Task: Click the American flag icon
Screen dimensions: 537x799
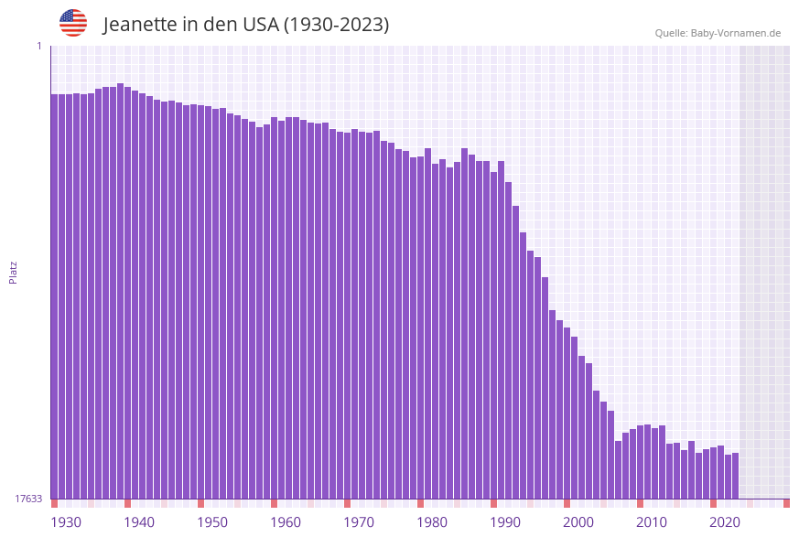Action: (73, 23)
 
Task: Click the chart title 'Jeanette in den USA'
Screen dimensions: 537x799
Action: (245, 25)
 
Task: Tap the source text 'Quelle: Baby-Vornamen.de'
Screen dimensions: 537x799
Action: (718, 33)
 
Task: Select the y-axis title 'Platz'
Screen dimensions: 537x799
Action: (13, 272)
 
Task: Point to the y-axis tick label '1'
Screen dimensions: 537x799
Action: (38, 46)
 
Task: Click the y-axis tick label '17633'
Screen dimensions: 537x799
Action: (28, 499)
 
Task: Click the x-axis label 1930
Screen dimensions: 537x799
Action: (66, 522)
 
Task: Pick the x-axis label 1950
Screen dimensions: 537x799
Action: (212, 522)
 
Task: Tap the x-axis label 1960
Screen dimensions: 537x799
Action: (286, 522)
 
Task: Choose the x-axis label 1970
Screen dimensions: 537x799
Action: (359, 522)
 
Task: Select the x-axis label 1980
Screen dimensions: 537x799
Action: (432, 522)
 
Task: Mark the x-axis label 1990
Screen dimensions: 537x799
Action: (505, 522)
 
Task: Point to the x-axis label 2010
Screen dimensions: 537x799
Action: (652, 522)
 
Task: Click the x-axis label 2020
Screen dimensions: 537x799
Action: (725, 522)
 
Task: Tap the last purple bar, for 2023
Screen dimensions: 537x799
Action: (735, 476)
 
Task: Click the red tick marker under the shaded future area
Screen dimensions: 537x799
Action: (786, 503)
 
